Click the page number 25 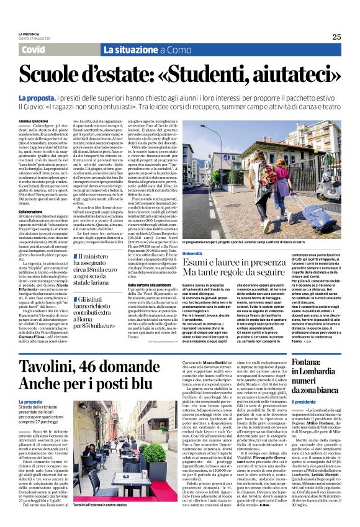pos(336,37)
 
